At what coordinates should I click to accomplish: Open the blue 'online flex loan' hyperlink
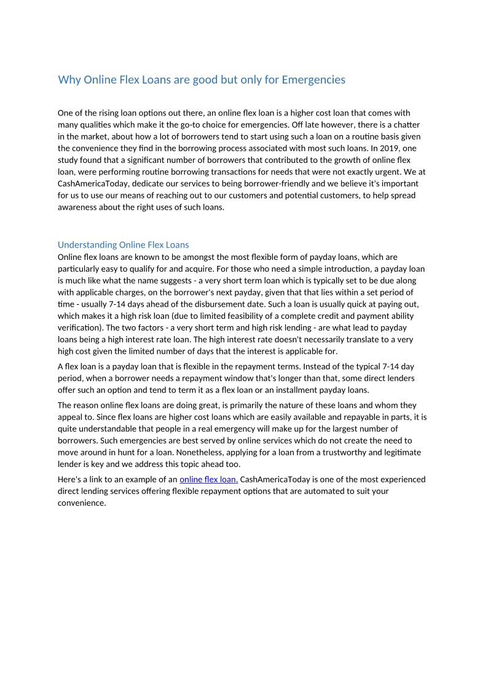[x=208, y=479]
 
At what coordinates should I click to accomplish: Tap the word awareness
[x=77, y=207]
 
